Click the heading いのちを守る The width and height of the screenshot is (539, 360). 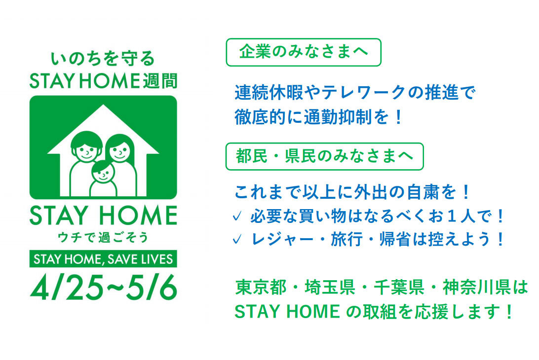103,59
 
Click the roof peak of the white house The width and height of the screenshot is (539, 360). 103,107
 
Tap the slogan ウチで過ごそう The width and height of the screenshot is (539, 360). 103,237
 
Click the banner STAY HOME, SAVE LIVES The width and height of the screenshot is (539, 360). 103,258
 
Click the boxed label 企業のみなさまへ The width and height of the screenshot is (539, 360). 303,52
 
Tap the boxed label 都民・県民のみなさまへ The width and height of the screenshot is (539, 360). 324,156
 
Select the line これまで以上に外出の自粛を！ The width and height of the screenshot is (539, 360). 352,192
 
